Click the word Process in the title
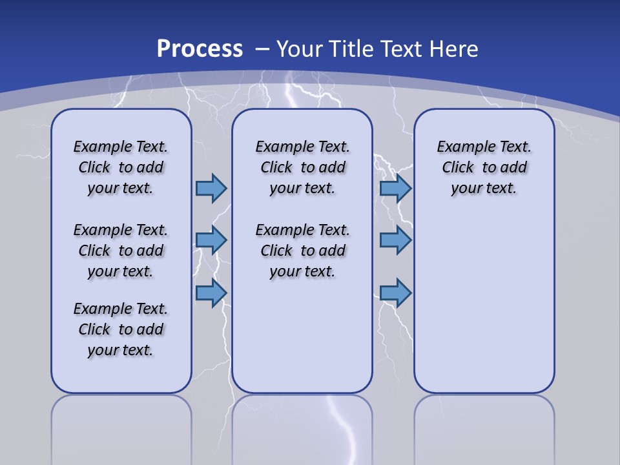tap(200, 48)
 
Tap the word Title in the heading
tap(351, 48)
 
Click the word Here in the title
tap(455, 48)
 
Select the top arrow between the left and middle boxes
tap(211, 188)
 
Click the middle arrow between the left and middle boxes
tap(211, 240)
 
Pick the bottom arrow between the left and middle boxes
tap(211, 293)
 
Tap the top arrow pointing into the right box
tap(395, 188)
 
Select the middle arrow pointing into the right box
tap(395, 240)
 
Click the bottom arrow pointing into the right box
tap(395, 293)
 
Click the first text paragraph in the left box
tap(121, 167)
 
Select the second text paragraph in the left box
tap(121, 251)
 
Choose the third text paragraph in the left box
tap(121, 329)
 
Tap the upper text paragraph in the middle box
tap(302, 167)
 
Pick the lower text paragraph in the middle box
tap(302, 251)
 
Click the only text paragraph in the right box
tap(484, 167)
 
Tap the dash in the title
tap(262, 48)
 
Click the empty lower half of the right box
tap(484, 310)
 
